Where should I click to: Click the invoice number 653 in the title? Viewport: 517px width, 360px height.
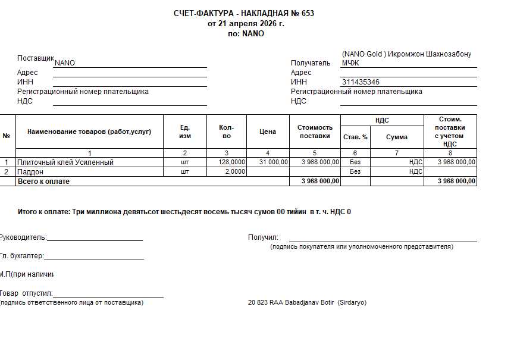pos(308,13)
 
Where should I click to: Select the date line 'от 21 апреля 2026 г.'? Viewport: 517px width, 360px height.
pos(246,24)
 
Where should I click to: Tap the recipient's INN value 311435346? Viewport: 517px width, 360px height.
pos(361,82)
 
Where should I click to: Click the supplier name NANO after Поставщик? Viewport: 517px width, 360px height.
pos(65,63)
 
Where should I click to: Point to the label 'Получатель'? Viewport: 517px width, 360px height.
pos(310,63)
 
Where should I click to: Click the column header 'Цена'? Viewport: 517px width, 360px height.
pos(268,132)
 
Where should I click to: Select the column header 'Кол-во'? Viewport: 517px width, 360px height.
pos(226,132)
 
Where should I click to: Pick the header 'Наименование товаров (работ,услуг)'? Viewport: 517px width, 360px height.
pos(89,132)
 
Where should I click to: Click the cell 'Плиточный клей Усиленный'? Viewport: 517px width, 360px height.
pos(65,162)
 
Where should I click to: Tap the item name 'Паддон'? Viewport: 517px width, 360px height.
pos(30,171)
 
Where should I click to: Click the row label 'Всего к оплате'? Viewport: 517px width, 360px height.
pos(43,181)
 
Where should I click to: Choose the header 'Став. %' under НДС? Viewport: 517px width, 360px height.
pos(355,137)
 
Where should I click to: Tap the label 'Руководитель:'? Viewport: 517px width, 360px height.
pos(23,237)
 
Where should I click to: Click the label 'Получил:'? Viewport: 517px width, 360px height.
pos(263,237)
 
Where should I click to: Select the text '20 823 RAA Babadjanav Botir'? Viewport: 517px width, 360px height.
pos(291,302)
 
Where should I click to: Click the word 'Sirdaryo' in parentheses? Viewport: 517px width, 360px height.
pos(352,302)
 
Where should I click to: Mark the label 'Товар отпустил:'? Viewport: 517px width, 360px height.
pos(26,293)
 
